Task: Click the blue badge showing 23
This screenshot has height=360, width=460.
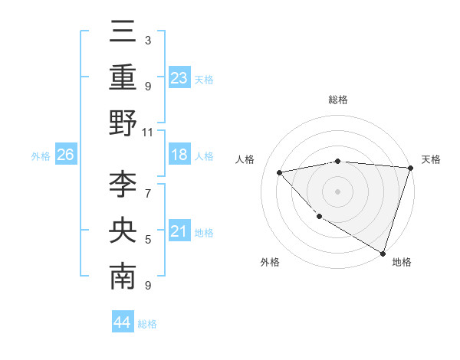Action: click(x=179, y=77)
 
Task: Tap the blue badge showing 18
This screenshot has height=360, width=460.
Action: click(x=179, y=155)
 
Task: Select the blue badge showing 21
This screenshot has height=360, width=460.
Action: click(x=179, y=231)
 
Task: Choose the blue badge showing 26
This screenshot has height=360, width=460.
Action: click(x=65, y=155)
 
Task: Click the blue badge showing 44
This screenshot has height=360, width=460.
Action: click(x=122, y=322)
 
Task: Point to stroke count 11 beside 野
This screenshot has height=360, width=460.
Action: click(x=149, y=133)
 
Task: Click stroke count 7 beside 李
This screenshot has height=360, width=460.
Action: click(x=148, y=193)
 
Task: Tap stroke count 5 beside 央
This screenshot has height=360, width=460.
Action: click(x=148, y=240)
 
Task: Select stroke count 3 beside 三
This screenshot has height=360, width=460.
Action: click(x=148, y=40)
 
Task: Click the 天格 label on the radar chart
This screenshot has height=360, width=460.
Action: click(x=431, y=159)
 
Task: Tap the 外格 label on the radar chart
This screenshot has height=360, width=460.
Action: click(x=270, y=262)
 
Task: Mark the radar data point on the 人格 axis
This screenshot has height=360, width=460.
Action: click(x=280, y=172)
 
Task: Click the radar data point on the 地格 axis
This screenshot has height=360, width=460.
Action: click(x=383, y=252)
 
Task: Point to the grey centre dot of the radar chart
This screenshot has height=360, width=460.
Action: click(x=337, y=191)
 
